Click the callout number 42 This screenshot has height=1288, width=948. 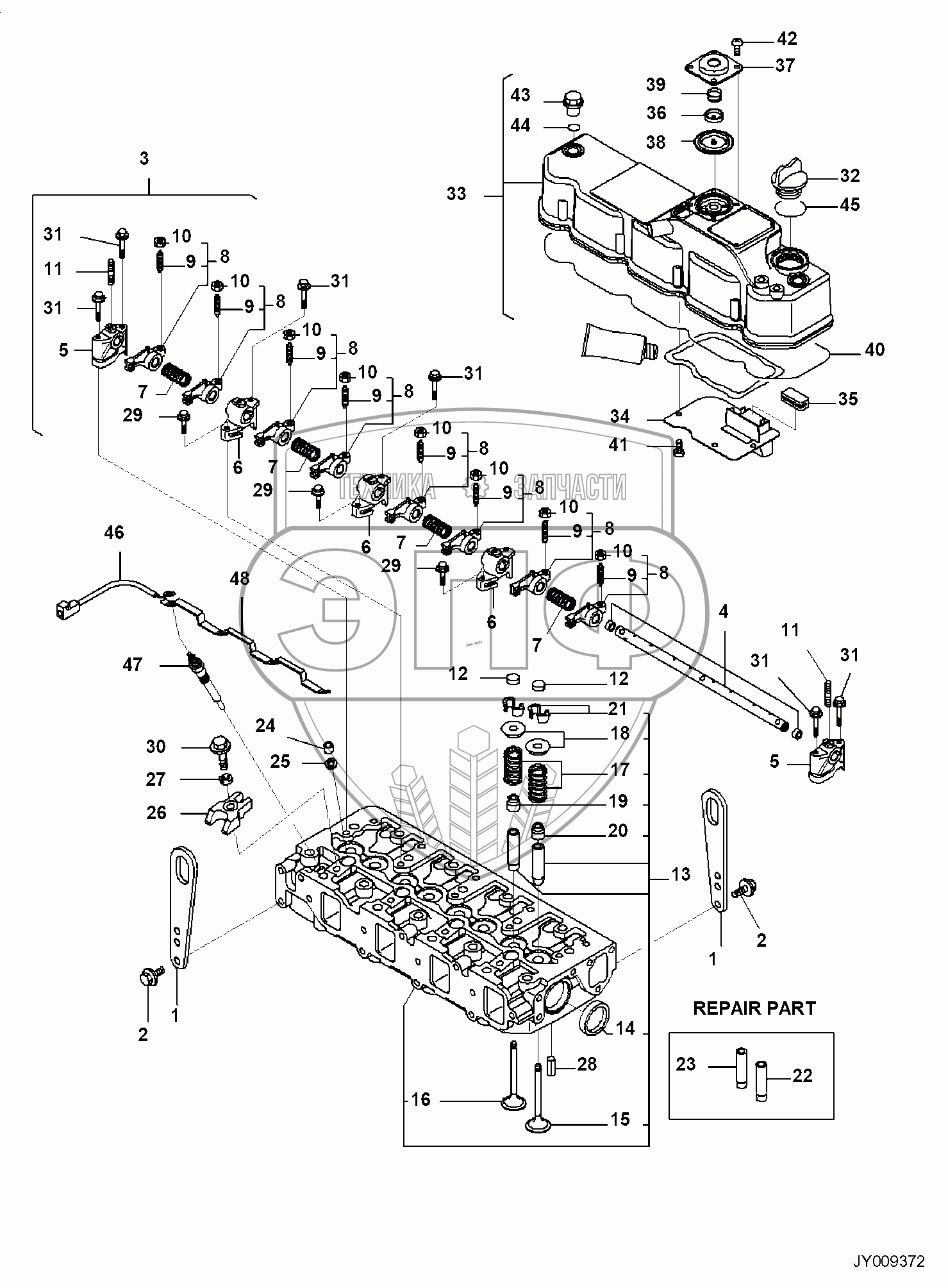[786, 38]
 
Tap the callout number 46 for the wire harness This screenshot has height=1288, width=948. [114, 532]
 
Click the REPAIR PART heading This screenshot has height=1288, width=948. [754, 1008]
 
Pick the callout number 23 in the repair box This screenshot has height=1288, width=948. [686, 1064]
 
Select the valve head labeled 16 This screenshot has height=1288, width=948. [513, 1103]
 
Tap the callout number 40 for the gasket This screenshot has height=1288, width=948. [874, 350]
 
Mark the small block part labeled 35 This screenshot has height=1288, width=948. [795, 400]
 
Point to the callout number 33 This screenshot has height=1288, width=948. [456, 194]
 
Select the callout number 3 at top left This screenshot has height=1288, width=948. [144, 158]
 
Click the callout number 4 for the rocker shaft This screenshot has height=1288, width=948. [723, 611]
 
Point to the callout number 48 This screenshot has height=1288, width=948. [240, 579]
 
